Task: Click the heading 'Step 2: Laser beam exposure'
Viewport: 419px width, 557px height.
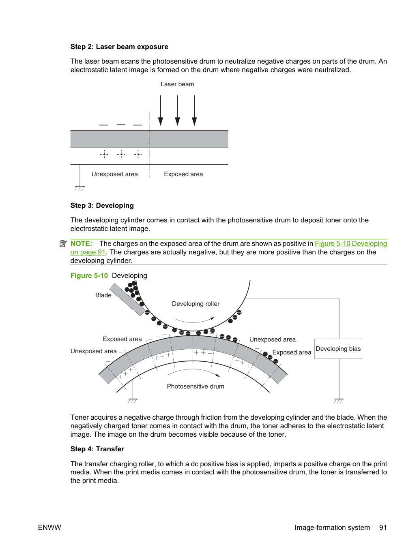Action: [119, 47]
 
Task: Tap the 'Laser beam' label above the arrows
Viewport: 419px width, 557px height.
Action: [177, 84]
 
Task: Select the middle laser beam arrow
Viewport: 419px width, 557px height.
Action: [177, 110]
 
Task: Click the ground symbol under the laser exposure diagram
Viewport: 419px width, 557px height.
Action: [80, 188]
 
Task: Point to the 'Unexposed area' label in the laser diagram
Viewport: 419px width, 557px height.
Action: [115, 174]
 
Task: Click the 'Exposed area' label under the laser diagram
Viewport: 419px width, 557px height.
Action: [183, 174]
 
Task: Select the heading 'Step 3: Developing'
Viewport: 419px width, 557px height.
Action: [102, 205]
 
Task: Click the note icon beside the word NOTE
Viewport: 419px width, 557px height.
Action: [63, 243]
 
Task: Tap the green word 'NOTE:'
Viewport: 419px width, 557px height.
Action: [81, 243]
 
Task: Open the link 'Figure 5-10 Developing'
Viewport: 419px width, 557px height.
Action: [351, 243]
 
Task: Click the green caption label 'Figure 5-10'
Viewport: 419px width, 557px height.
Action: [89, 275]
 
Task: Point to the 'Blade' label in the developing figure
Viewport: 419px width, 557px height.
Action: [103, 295]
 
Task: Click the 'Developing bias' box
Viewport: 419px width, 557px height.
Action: [338, 349]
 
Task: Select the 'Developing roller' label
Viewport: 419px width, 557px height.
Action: [196, 304]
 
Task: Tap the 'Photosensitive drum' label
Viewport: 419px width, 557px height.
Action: [196, 386]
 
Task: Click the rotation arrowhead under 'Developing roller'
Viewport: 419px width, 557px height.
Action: [213, 318]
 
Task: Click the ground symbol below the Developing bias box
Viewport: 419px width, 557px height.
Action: [339, 401]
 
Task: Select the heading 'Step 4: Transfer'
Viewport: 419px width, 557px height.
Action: [97, 449]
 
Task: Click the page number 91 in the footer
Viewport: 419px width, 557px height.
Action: [382, 527]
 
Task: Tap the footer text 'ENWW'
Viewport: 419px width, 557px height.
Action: [49, 527]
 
